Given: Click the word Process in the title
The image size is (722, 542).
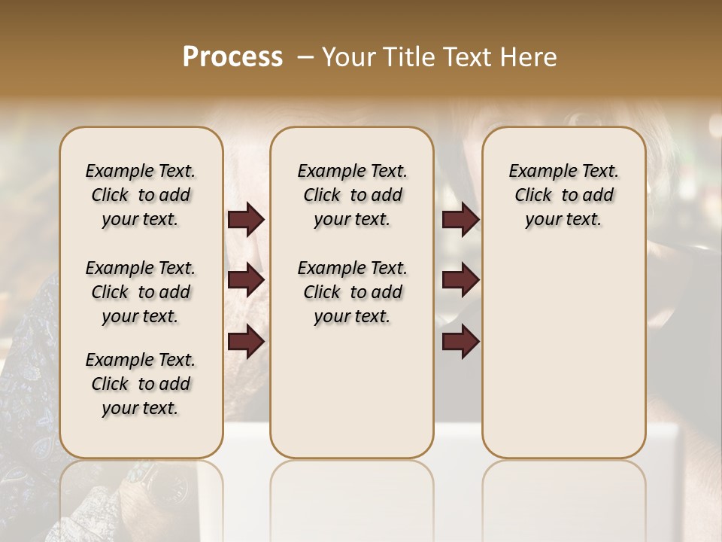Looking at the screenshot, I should pyautogui.click(x=232, y=57).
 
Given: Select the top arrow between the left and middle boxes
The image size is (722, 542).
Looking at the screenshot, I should pyautogui.click(x=246, y=219).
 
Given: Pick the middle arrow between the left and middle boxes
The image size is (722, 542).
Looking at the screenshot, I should pyautogui.click(x=246, y=280).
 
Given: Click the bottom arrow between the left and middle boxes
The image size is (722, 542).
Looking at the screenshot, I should pyautogui.click(x=246, y=341).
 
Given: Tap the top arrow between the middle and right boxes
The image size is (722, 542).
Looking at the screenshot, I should pyautogui.click(x=460, y=219).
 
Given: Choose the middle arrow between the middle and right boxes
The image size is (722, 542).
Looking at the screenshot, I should pyautogui.click(x=460, y=280).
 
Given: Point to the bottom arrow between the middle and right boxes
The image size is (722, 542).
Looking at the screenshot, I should pyautogui.click(x=460, y=341).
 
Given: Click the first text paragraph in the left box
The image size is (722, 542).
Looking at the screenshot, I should pyautogui.click(x=141, y=195).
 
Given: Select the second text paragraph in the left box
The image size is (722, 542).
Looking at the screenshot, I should pyautogui.click(x=141, y=292).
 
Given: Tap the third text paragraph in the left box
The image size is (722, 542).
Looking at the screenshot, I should pyautogui.click(x=141, y=384).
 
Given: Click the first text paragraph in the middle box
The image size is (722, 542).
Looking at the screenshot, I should pyautogui.click(x=353, y=195).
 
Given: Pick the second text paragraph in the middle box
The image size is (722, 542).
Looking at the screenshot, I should pyautogui.click(x=353, y=292).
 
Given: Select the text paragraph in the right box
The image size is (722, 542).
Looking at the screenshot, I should pyautogui.click(x=564, y=195).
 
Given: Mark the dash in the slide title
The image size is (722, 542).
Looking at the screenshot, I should pyautogui.click(x=305, y=57).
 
